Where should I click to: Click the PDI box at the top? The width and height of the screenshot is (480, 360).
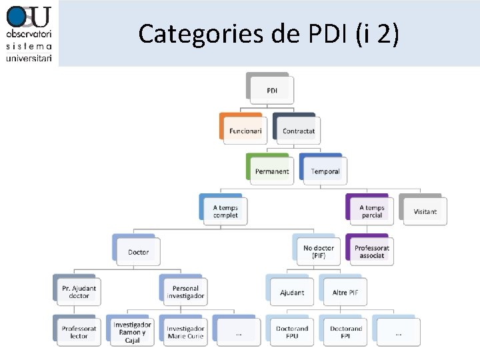tap(272, 90)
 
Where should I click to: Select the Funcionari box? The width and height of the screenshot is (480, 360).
tap(245, 131)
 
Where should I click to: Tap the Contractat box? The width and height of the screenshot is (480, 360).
tap(298, 131)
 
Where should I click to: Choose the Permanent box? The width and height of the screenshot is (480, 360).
tap(271, 171)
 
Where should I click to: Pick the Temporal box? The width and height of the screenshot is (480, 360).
tap(325, 171)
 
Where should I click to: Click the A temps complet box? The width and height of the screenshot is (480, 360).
tap(225, 211)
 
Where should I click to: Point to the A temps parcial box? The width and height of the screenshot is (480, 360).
tap(371, 211)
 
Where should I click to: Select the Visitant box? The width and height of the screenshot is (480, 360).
tap(425, 211)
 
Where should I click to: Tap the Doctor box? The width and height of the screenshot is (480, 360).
tap(138, 252)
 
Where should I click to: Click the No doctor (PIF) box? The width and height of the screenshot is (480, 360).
tap(318, 251)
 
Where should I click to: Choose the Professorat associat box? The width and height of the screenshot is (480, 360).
tap(371, 251)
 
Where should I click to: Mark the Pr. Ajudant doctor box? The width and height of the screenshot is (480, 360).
tap(79, 292)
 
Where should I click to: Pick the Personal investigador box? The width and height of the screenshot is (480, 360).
tap(185, 292)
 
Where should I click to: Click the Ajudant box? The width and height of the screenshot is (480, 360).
tap(291, 292)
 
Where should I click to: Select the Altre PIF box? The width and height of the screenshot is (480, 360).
tap(345, 292)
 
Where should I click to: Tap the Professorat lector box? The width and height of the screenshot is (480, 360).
tap(79, 332)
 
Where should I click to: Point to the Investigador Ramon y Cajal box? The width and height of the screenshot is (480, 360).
tap(132, 332)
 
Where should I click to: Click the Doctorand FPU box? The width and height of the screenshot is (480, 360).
tap(291, 332)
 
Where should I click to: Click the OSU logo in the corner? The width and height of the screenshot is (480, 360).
tap(29, 33)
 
